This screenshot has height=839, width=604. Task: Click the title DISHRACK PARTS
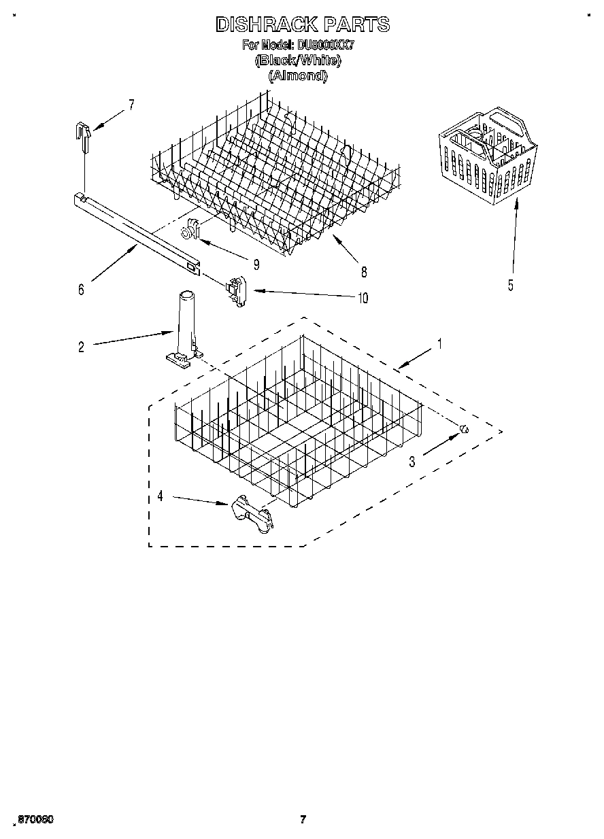[x=303, y=25]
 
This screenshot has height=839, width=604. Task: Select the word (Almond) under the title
[x=298, y=75]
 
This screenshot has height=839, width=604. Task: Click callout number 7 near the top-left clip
[x=131, y=105]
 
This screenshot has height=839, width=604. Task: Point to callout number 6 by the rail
[x=81, y=290]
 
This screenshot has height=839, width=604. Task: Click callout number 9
[x=256, y=264]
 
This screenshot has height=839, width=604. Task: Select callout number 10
[x=363, y=298]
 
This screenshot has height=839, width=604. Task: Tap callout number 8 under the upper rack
[x=364, y=273]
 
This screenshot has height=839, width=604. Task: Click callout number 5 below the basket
[x=511, y=286]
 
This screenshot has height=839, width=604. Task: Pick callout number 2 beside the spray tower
[x=81, y=347]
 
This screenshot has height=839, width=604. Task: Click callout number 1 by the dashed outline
[x=439, y=345]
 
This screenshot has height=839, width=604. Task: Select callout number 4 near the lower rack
[x=160, y=496]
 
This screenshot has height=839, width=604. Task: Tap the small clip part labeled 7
[x=83, y=135]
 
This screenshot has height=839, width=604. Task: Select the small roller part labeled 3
[x=464, y=428]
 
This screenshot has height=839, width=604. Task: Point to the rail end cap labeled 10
[x=236, y=291]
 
